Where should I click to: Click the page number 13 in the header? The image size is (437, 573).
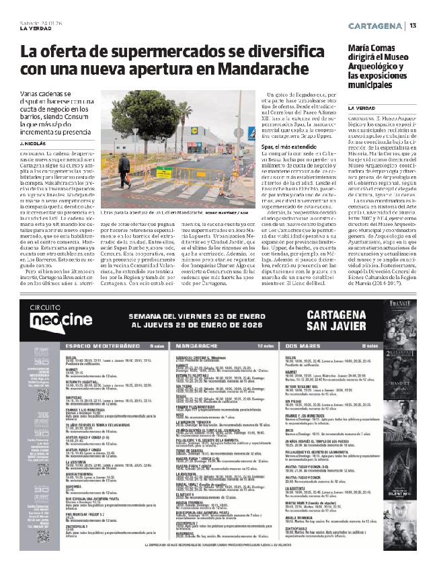[x=413, y=26]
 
